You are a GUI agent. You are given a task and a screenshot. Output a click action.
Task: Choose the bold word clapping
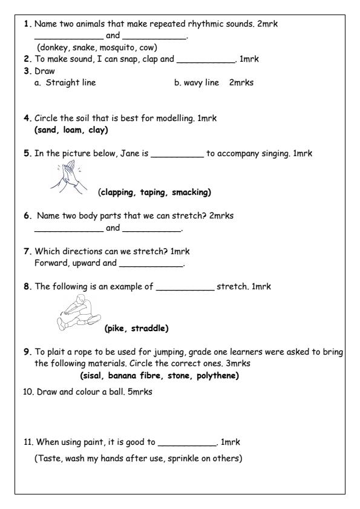[x=120, y=193]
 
